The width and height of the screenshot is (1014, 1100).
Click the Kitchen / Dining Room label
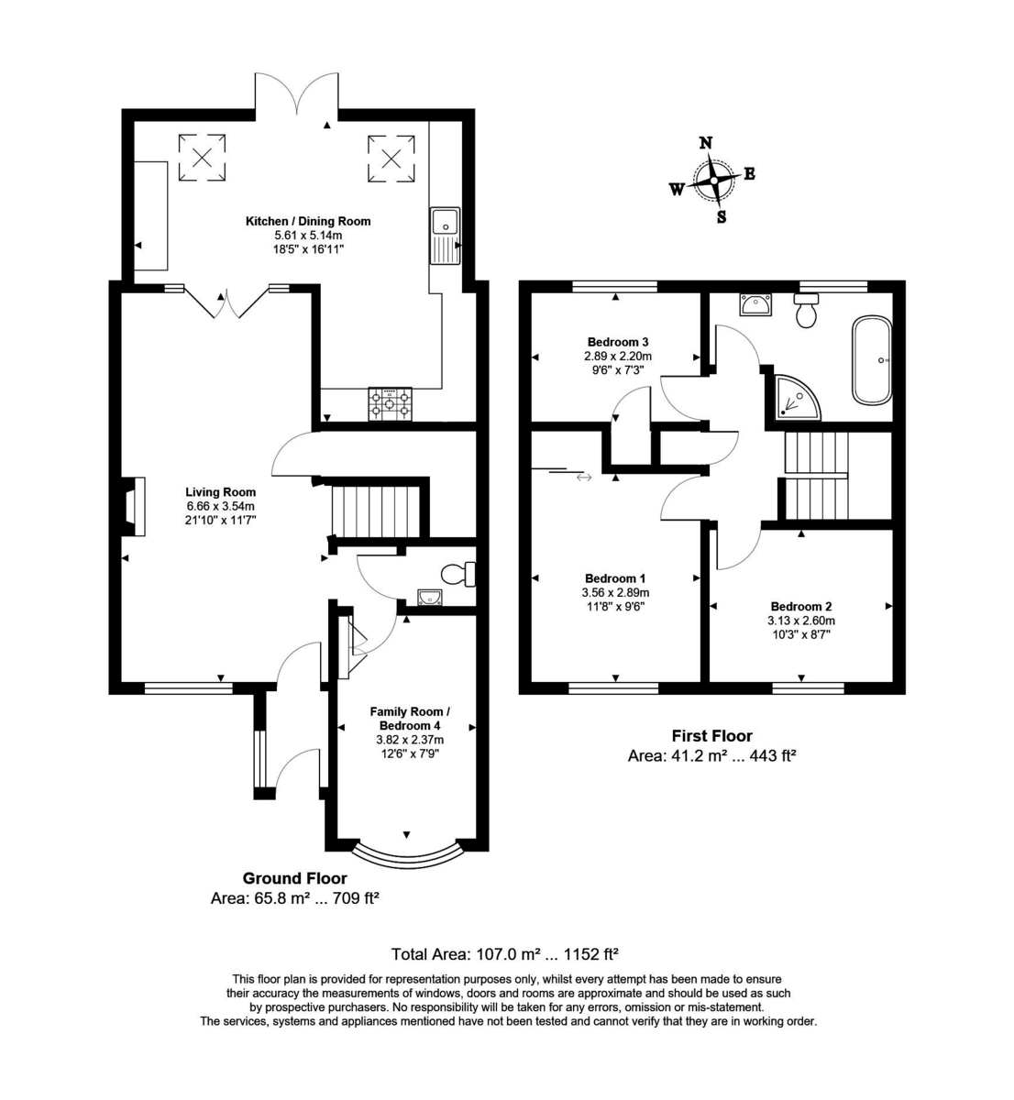click(308, 222)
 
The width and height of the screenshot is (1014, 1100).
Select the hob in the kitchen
click(390, 404)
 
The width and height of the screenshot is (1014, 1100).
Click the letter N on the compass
click(706, 143)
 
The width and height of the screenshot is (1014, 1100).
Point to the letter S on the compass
click(722, 217)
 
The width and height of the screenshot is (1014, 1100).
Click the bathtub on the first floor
click(871, 360)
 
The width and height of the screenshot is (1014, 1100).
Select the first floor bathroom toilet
click(806, 310)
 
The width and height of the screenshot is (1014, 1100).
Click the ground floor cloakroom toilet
click(458, 574)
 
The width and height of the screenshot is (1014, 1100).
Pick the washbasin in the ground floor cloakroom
click(430, 597)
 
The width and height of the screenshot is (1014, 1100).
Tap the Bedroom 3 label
click(618, 342)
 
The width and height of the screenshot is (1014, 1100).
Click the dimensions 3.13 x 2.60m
click(801, 621)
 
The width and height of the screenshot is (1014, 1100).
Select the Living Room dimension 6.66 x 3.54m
click(221, 506)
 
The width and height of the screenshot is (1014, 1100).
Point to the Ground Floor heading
click(294, 878)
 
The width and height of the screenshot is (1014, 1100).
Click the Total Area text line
click(505, 954)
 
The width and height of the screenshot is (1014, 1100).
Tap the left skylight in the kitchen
click(202, 158)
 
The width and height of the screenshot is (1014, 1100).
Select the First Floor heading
click(712, 736)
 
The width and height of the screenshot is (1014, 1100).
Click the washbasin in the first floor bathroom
click(755, 304)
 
